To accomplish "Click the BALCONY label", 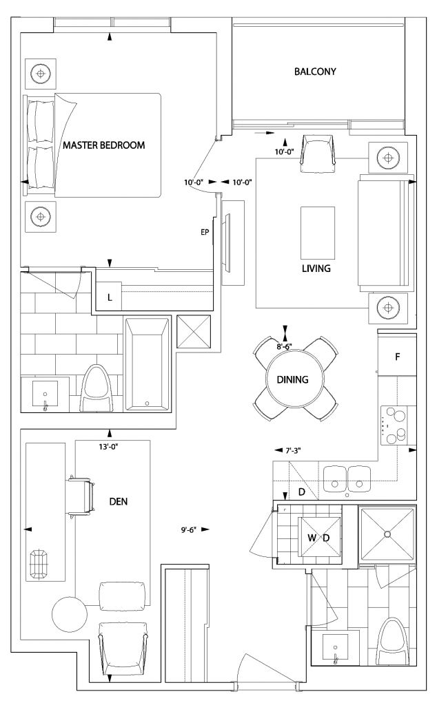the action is click(x=315, y=72).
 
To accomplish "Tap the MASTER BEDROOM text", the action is click(x=104, y=145).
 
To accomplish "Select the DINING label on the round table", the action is click(x=292, y=379).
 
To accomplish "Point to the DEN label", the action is click(x=119, y=501).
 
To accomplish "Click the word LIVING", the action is click(x=316, y=269).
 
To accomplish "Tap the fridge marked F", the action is click(x=397, y=355).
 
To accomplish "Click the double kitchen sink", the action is click(x=347, y=478).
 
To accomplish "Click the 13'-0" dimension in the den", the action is click(x=108, y=447).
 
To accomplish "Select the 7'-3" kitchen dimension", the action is click(x=293, y=450).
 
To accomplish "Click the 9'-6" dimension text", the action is click(x=189, y=529).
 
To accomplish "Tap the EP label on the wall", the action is click(x=205, y=233).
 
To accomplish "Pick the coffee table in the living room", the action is click(x=318, y=233).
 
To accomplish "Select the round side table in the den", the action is click(x=70, y=613).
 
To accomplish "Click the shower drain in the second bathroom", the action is click(x=387, y=534).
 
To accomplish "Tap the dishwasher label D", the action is click(x=302, y=492).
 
